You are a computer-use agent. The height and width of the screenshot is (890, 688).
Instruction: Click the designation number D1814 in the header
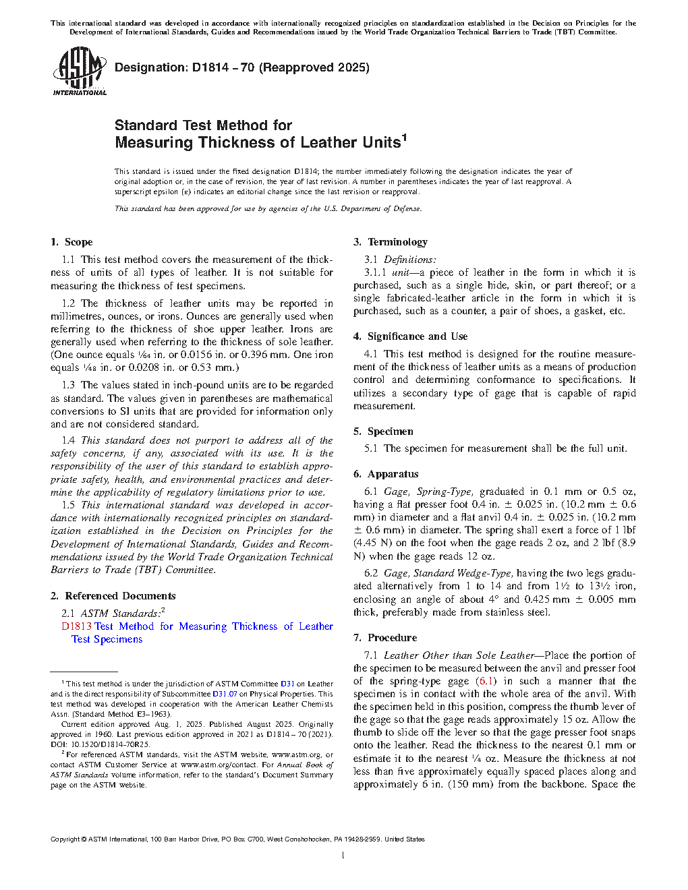pyautogui.click(x=210, y=67)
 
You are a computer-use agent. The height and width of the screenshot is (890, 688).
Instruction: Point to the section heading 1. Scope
pyautogui.click(x=71, y=242)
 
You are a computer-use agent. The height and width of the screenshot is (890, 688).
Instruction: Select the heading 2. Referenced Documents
pyautogui.click(x=113, y=596)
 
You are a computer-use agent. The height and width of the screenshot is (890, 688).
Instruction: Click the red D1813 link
pyautogui.click(x=76, y=626)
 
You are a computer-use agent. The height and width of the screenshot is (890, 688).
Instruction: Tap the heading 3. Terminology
pyautogui.click(x=391, y=242)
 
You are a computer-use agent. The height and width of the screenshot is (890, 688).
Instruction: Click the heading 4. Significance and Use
pyautogui.click(x=410, y=336)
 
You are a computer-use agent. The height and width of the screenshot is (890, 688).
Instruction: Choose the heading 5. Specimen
pyautogui.click(x=383, y=432)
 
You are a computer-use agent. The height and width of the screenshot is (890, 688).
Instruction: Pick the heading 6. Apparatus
pyautogui.click(x=386, y=474)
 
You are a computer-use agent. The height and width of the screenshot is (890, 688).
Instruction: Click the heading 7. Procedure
pyautogui.click(x=385, y=638)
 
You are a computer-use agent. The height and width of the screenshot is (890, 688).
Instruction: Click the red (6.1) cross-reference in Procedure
pyautogui.click(x=486, y=681)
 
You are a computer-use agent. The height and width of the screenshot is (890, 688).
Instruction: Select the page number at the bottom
pyautogui.click(x=343, y=856)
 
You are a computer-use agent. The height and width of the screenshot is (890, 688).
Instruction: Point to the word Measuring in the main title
pyautogui.click(x=154, y=143)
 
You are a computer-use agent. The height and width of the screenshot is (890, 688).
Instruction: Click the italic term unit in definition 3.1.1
pyautogui.click(x=400, y=272)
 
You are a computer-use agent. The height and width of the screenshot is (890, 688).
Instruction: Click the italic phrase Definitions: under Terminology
pyautogui.click(x=409, y=260)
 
